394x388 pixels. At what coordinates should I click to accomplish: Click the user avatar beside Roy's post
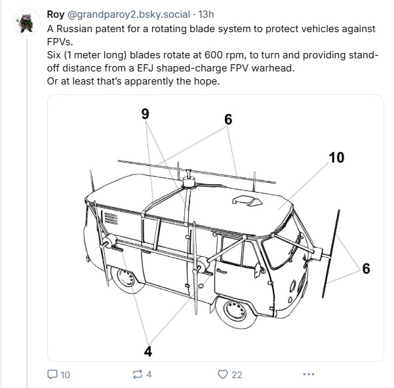tap(27, 22)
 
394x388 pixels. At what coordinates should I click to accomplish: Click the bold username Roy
tap(56, 14)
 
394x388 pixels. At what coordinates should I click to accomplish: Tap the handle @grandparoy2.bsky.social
tap(128, 14)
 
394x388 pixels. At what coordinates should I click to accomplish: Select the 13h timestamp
tap(206, 14)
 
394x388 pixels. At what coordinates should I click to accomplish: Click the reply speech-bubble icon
tap(52, 374)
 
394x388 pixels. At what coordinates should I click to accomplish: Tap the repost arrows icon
tap(138, 374)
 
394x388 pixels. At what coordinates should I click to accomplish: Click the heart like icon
tap(223, 374)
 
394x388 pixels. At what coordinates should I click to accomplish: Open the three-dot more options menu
tap(309, 374)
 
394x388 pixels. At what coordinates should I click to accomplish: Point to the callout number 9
tap(146, 114)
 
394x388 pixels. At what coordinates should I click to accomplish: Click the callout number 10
tap(336, 158)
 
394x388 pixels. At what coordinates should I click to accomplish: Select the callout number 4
tap(148, 351)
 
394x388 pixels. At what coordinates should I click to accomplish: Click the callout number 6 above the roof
tap(228, 119)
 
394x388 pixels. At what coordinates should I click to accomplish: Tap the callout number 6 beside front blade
tap(366, 269)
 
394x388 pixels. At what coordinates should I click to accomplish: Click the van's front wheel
tap(235, 311)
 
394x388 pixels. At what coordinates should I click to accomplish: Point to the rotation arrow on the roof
tap(247, 201)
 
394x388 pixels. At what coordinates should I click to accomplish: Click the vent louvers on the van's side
tap(111, 218)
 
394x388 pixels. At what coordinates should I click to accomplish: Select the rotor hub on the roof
tap(189, 182)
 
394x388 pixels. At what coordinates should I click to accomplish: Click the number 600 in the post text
tap(213, 55)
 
